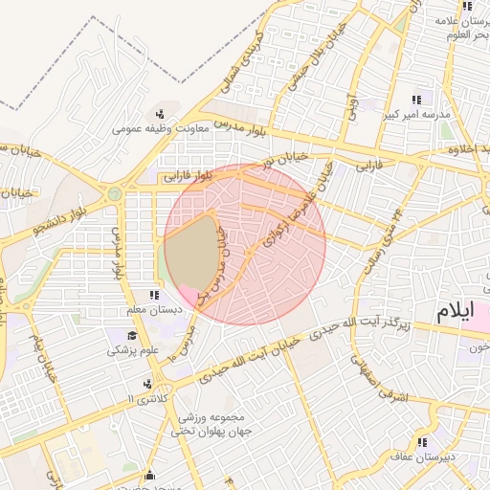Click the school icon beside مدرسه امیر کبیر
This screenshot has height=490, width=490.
pos(416,100)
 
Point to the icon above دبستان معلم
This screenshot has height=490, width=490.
pos(154,296)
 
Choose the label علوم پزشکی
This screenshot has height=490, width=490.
pos(131,350)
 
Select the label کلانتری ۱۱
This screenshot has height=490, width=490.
pos(145,396)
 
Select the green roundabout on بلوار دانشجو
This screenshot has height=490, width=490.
pos(115,193)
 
